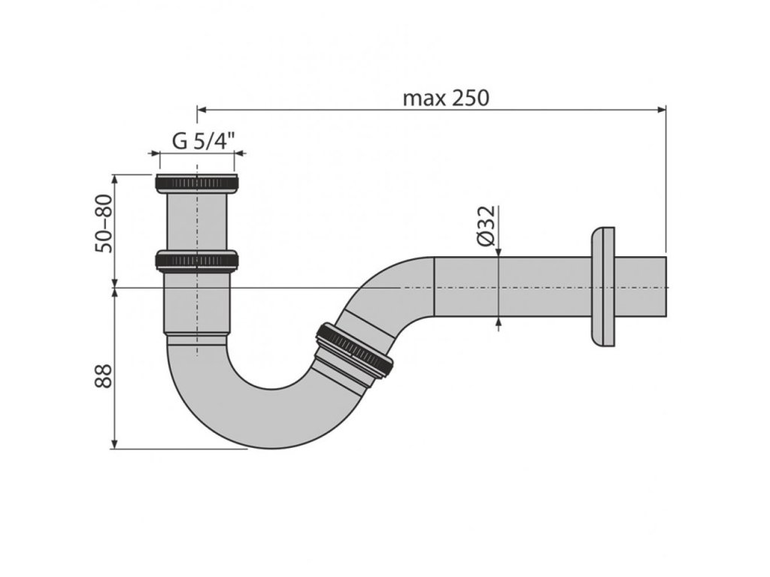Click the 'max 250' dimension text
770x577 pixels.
[x=446, y=98]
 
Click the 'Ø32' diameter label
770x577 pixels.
[x=486, y=226]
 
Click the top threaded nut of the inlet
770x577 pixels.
[x=196, y=183]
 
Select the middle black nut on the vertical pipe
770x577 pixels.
[x=196, y=261]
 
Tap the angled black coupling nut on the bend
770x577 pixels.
[x=354, y=349]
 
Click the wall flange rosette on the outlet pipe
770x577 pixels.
[x=603, y=286]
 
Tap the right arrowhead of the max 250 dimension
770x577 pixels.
[x=662, y=110]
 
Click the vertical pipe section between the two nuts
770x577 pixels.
[x=196, y=222]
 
